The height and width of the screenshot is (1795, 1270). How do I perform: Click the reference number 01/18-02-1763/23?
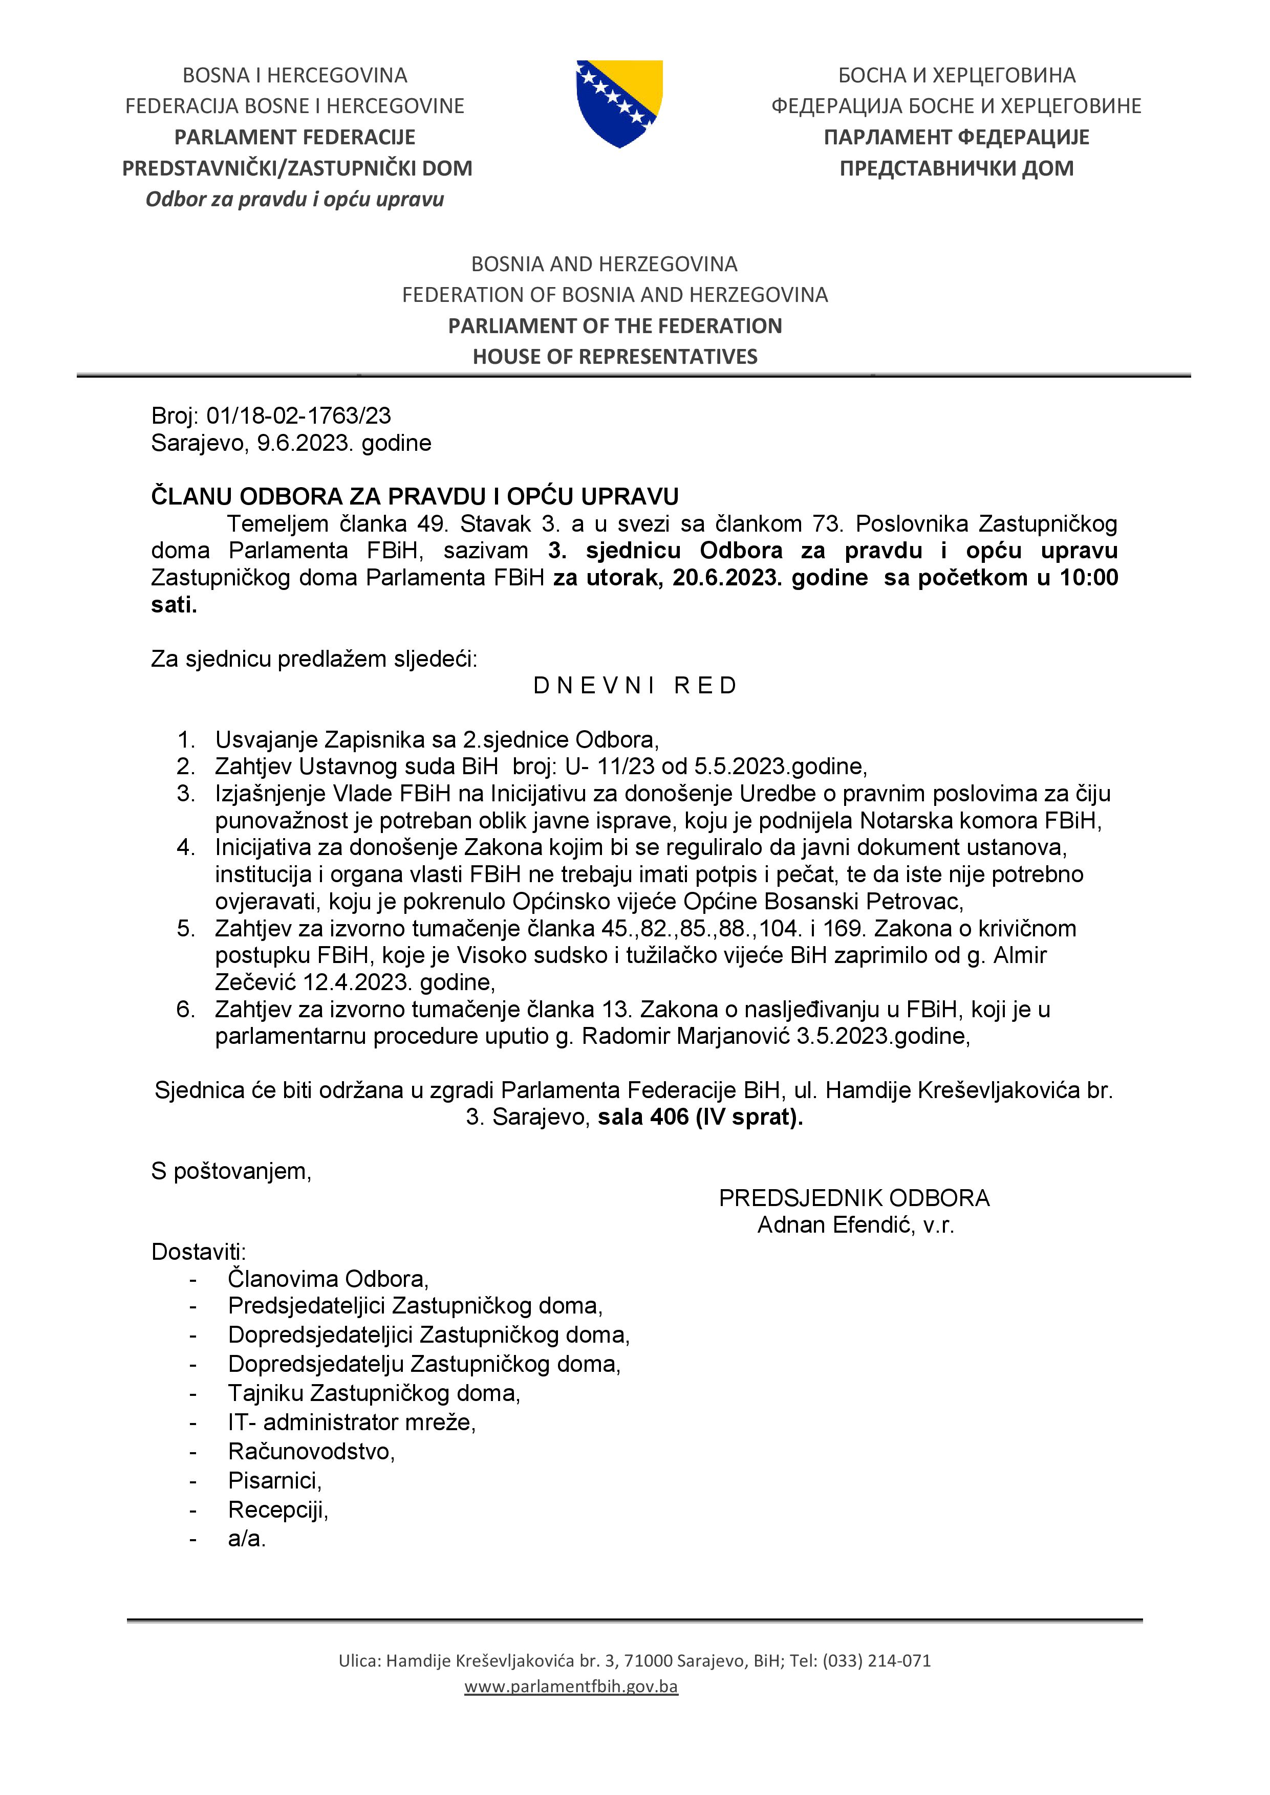pyautogui.click(x=298, y=416)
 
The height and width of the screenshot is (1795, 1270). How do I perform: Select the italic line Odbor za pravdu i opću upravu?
pyautogui.click(x=295, y=200)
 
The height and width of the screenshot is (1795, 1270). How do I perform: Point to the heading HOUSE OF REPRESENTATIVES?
pyautogui.click(x=615, y=357)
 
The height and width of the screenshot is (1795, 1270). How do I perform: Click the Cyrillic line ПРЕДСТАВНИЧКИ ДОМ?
pyautogui.click(x=956, y=168)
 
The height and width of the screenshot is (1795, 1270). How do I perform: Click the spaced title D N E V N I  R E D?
pyautogui.click(x=635, y=686)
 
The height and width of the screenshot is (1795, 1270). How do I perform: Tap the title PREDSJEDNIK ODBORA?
pyautogui.click(x=854, y=1198)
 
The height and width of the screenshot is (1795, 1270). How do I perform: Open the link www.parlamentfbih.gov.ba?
pyautogui.click(x=571, y=1687)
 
